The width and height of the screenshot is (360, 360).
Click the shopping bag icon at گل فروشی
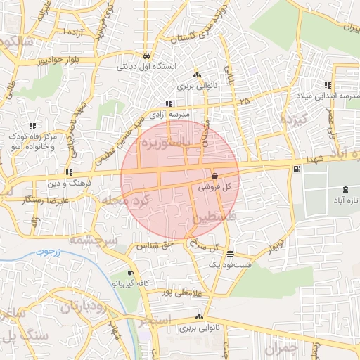pos(214,176)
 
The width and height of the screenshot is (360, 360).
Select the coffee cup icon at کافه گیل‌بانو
pos(130,274)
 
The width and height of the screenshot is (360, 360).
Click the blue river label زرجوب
pos(49,252)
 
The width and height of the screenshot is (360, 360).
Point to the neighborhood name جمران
pos(282,347)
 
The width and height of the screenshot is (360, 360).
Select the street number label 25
pos(243,103)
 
